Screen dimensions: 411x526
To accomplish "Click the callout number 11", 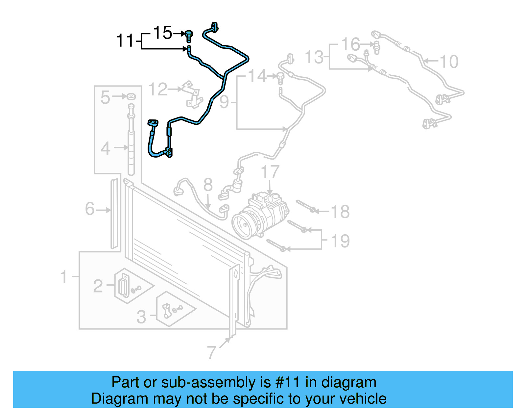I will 125,41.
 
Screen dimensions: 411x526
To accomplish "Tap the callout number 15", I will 162,33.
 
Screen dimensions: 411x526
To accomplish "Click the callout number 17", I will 270,172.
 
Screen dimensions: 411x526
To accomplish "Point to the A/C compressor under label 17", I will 260,216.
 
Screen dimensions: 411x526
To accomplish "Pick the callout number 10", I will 449,62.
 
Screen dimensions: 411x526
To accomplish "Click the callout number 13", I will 314,57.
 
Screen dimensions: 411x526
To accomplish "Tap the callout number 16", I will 350,44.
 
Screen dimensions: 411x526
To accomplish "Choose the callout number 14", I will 257,76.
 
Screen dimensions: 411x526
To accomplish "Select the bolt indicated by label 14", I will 280,78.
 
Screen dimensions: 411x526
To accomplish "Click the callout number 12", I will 158,90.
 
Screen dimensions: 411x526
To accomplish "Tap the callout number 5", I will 105,97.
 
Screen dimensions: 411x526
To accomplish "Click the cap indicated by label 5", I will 131,96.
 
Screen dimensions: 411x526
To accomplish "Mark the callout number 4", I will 106,148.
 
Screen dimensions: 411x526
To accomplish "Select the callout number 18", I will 340,212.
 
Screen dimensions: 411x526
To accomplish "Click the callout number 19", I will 340,241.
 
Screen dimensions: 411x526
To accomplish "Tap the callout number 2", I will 98,286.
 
